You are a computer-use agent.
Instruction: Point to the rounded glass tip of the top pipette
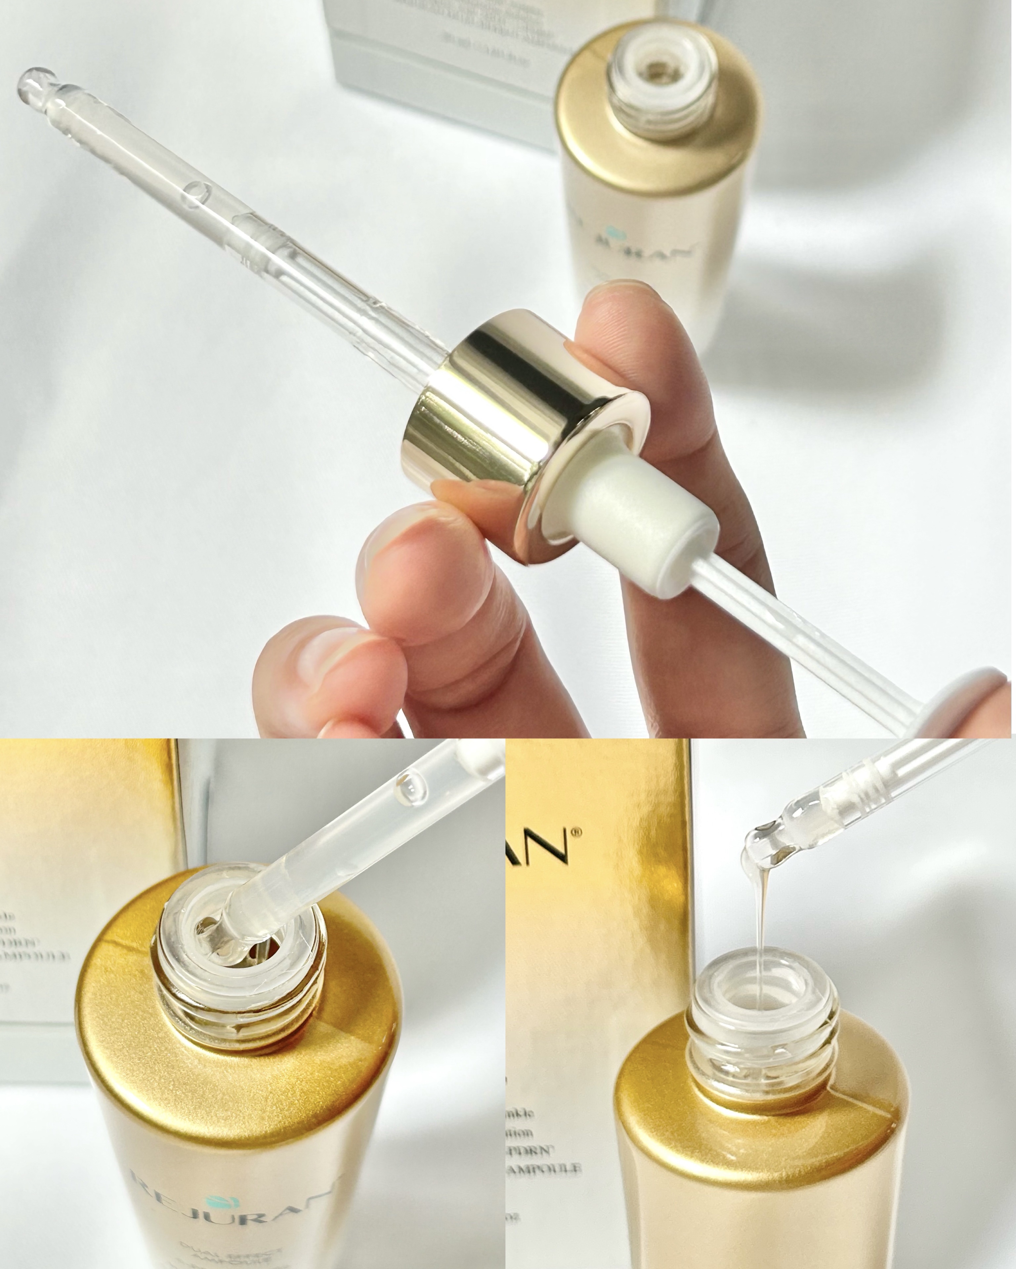click(32, 82)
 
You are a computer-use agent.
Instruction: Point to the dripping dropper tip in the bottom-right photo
click(760, 842)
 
